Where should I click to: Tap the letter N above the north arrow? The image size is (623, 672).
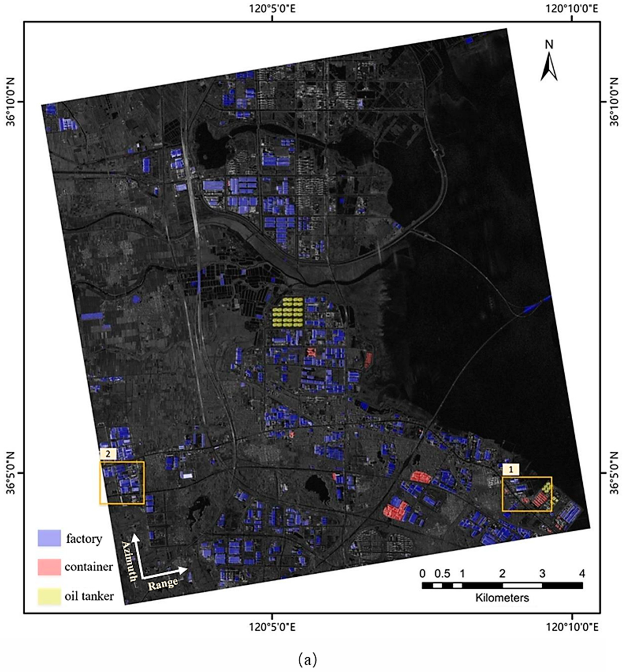tap(549, 44)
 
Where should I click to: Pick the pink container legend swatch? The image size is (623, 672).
tap(49, 567)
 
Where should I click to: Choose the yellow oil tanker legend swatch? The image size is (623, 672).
tap(49, 596)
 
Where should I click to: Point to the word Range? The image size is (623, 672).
tap(163, 583)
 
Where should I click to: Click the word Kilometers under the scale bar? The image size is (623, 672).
tap(502, 598)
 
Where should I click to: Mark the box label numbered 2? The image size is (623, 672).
tap(108, 454)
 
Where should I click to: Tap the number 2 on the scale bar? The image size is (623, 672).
tap(502, 573)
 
